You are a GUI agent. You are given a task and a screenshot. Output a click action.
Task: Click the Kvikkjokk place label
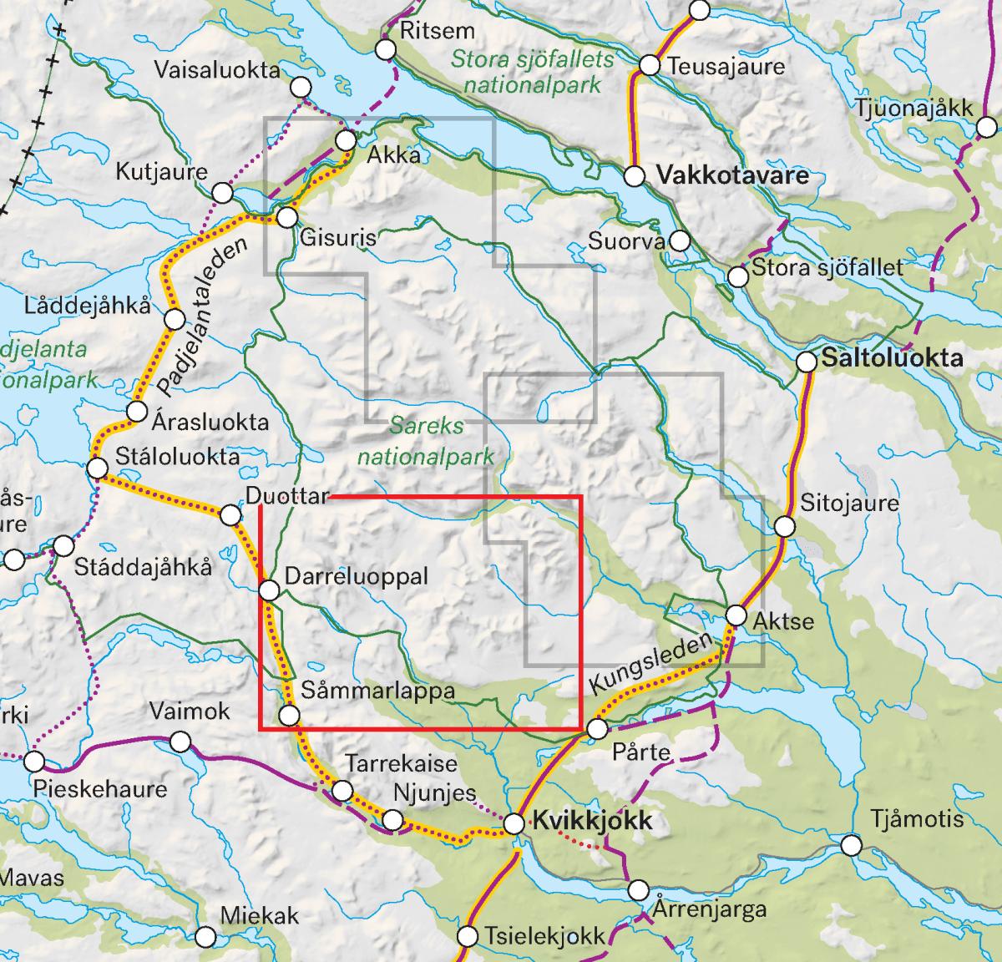click(x=592, y=821)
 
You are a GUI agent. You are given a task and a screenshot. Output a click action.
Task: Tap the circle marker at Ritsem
click(x=385, y=49)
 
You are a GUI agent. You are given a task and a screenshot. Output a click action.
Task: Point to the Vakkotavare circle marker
click(x=635, y=176)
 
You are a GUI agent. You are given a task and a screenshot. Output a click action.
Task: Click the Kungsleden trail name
click(x=652, y=664)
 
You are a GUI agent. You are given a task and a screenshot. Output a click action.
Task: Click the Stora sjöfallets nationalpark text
click(x=533, y=72)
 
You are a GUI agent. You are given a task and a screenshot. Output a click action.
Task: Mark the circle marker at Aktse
click(x=736, y=615)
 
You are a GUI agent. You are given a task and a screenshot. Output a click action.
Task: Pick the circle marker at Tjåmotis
click(x=851, y=846)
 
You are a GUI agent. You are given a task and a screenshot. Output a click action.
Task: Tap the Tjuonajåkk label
click(x=913, y=108)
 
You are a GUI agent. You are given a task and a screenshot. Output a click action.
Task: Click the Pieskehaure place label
click(x=99, y=788)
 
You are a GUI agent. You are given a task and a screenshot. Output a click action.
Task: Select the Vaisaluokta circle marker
click(x=301, y=87)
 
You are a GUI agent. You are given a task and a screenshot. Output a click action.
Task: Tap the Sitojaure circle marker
click(x=785, y=527)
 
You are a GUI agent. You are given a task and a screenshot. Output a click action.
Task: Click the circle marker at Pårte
click(x=598, y=729)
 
